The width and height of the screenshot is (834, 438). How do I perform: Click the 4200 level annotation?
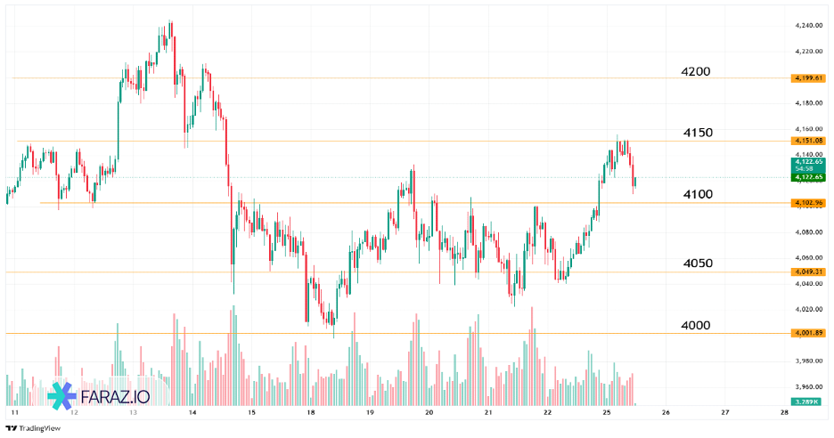point(696,71)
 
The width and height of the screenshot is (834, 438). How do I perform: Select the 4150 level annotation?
point(698,133)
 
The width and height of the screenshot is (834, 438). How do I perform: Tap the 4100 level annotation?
point(697,194)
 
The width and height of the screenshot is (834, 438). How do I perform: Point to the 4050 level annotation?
point(697,264)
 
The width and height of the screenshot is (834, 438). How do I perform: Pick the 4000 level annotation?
point(695,325)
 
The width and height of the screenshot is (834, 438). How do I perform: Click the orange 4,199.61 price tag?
point(808,78)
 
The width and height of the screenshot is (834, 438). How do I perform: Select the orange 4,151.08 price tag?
point(808,141)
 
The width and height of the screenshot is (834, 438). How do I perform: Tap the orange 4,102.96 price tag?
point(808,203)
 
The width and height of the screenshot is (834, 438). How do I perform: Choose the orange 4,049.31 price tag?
point(808,272)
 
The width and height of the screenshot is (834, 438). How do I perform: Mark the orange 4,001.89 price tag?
point(808,333)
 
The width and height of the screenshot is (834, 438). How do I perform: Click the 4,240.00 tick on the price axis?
point(807,26)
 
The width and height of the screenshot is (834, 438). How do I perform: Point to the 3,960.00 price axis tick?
point(807,387)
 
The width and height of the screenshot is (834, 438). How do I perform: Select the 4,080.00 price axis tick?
point(807,232)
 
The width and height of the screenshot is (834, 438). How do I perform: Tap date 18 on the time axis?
point(310,413)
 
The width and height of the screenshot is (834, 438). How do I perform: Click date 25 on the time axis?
point(606,413)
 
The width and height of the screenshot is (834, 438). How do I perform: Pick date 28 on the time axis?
point(783,413)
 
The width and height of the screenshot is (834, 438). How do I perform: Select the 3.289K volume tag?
point(808,403)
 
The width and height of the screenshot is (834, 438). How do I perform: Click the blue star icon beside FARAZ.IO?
point(61,396)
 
